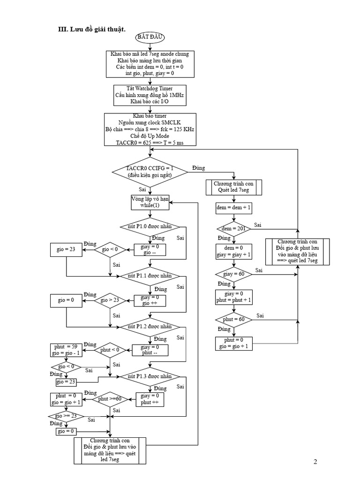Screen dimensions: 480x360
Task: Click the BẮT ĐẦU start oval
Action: (150, 37)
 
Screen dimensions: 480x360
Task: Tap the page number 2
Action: (315, 462)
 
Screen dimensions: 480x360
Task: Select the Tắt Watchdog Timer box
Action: (150, 95)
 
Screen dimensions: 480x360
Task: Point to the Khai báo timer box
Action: (150, 129)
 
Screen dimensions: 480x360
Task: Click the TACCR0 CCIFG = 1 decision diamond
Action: (150, 171)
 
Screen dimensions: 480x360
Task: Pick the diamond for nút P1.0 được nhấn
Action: (150, 226)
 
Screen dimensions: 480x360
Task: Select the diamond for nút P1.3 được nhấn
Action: (150, 376)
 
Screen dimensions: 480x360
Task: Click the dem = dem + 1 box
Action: (233, 206)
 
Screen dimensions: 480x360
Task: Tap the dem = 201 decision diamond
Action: (233, 229)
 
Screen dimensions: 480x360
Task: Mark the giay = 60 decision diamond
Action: (233, 274)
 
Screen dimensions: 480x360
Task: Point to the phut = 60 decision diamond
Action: (233, 319)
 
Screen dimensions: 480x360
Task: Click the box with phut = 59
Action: (66, 350)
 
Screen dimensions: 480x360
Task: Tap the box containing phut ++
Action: (152, 399)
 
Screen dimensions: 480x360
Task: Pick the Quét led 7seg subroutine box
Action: (233, 187)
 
